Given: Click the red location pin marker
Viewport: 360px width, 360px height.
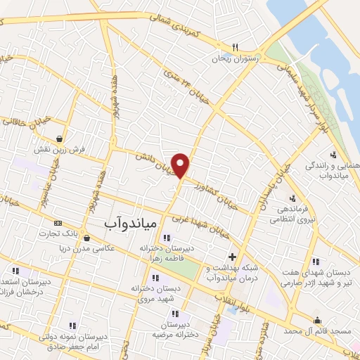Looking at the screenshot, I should pyautogui.click(x=181, y=165).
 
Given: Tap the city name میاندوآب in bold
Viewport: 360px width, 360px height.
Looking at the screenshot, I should pyautogui.click(x=112, y=221).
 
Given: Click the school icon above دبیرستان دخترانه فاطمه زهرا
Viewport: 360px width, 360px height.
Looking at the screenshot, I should pyautogui.click(x=167, y=237).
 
